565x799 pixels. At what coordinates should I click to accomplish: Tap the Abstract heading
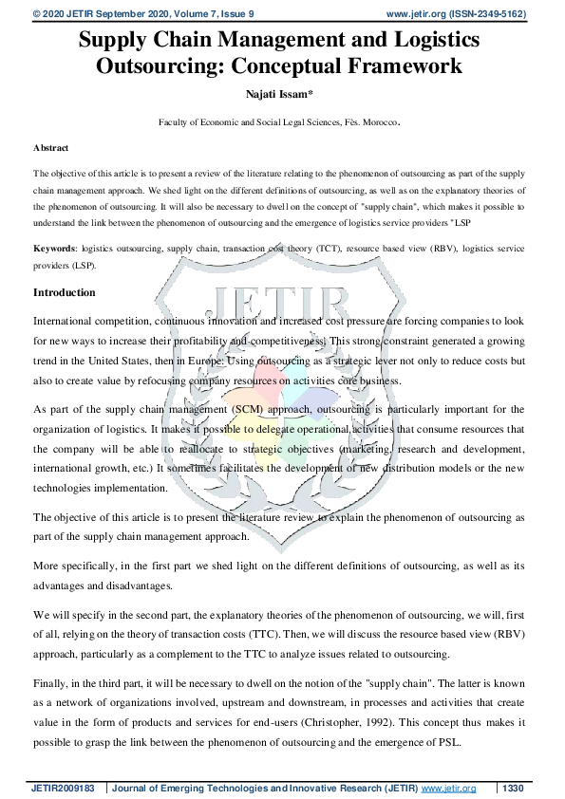pos(50,148)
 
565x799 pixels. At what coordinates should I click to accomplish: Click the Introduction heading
pos(65,292)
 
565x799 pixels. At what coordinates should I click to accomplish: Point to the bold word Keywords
pos(54,247)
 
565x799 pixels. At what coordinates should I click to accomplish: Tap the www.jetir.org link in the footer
pos(449,788)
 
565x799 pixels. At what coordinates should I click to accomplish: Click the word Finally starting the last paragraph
pos(53,681)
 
